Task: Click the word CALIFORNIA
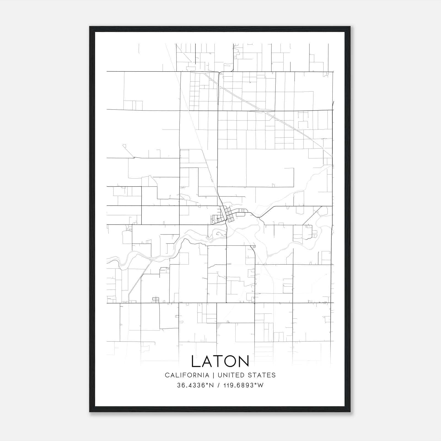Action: coord(187,375)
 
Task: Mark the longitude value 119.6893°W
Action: coord(243,385)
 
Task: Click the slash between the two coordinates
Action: coord(218,385)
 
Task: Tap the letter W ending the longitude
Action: coord(260,385)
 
